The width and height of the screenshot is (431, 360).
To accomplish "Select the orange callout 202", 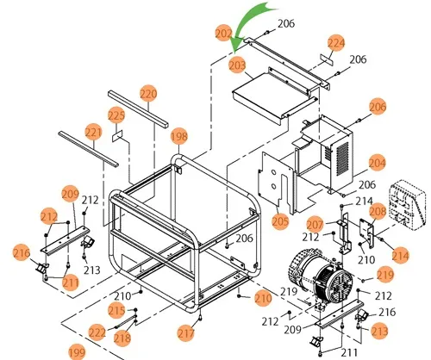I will (x=223, y=34).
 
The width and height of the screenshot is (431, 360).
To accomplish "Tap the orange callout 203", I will (x=236, y=65).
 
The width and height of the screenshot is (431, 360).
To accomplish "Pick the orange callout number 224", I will (x=336, y=42).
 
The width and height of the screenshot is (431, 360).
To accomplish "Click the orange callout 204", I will (x=377, y=161).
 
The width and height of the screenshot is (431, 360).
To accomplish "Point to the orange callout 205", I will (x=280, y=221).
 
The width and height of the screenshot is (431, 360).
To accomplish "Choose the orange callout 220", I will (x=148, y=93).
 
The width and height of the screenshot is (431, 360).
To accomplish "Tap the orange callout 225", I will (x=116, y=115).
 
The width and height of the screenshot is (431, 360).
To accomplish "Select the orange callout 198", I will (x=178, y=135).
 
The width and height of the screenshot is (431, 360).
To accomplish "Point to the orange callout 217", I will (x=186, y=332).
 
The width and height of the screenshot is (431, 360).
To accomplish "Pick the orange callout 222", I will (x=98, y=332).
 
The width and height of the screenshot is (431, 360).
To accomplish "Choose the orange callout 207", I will (x=315, y=225).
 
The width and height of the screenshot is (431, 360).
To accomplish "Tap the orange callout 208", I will (x=377, y=211).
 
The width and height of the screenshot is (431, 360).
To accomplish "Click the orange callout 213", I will (x=379, y=331).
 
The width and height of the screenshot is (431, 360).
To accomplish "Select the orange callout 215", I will (x=117, y=310).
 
